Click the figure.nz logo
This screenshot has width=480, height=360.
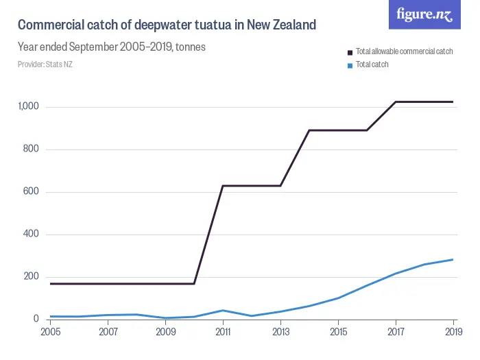tap(425, 14)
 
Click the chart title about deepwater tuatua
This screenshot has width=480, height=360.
tap(167, 25)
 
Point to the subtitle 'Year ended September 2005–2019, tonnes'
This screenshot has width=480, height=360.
tap(112, 47)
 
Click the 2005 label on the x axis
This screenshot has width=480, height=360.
tap(51, 332)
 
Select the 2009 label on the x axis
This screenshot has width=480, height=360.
tap(165, 332)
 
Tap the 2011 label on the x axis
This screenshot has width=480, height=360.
tap(223, 332)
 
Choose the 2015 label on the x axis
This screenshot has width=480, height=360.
tap(338, 332)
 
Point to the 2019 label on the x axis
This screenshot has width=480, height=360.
tap(452, 332)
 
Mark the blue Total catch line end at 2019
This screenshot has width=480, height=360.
tap(453, 259)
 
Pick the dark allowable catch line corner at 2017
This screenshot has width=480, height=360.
tap(396, 101)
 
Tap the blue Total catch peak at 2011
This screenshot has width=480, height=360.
tap(223, 311)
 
